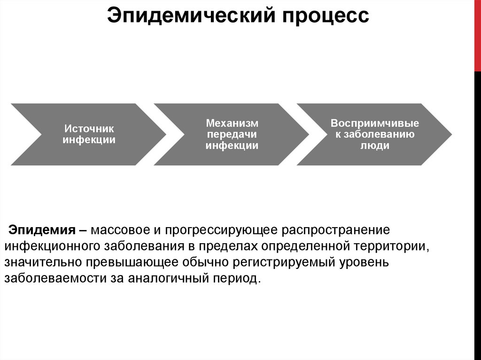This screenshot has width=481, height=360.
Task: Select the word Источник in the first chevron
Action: (x=89, y=128)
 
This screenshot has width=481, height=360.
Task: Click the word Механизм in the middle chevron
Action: (x=232, y=123)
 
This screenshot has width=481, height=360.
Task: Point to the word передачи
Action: (x=232, y=134)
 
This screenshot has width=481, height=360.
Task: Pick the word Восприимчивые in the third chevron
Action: (x=374, y=123)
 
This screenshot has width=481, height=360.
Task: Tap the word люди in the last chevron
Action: (x=374, y=146)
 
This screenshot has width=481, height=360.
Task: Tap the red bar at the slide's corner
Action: (x=477, y=35)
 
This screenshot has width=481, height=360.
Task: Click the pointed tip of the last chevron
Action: (x=450, y=134)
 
